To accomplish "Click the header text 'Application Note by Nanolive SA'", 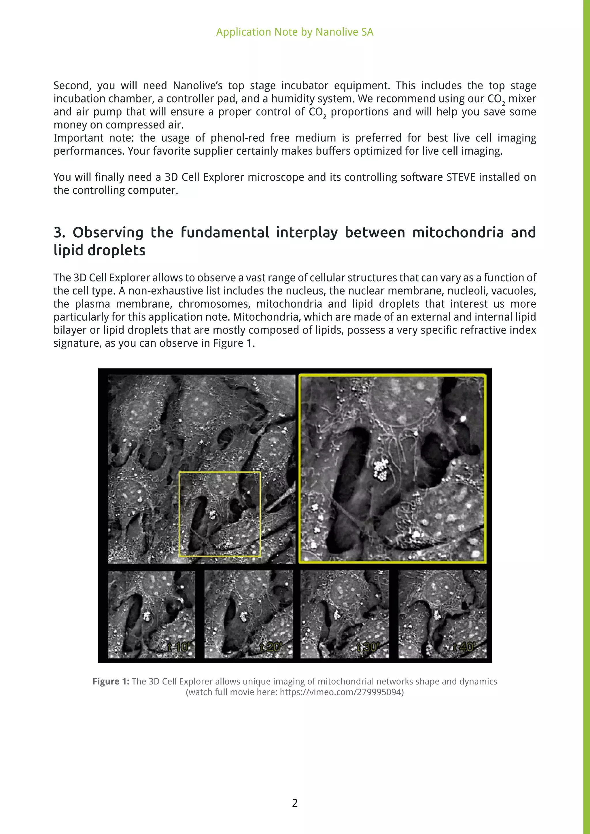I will pyautogui.click(x=295, y=32).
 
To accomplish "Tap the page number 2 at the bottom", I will pyautogui.click(x=295, y=803).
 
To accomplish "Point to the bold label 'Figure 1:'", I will pyautogui.click(x=111, y=681).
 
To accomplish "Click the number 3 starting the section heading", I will pyautogui.click(x=58, y=232).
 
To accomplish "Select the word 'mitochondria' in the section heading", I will pyautogui.click(x=458, y=232).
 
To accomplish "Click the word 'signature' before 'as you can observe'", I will pyautogui.click(x=77, y=343).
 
